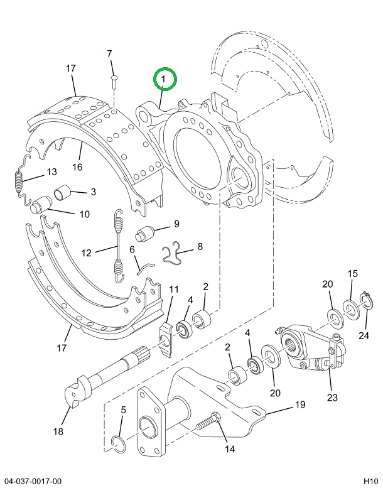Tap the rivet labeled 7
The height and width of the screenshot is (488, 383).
click(x=114, y=81)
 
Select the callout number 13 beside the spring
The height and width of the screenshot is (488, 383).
click(x=51, y=172)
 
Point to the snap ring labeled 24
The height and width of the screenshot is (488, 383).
click(x=365, y=300)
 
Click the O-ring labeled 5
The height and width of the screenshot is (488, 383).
click(x=119, y=445)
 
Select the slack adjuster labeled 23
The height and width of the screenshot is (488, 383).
click(x=313, y=347)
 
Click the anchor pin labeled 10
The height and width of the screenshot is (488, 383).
click(x=41, y=205)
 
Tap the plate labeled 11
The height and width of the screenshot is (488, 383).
click(x=166, y=340)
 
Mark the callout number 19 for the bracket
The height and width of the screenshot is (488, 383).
click(x=300, y=405)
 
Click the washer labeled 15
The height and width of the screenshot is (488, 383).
click(x=352, y=309)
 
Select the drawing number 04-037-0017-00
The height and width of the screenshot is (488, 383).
click(x=33, y=481)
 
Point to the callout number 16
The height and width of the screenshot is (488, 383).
click(x=77, y=167)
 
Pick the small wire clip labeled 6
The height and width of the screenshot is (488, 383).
click(x=145, y=268)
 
